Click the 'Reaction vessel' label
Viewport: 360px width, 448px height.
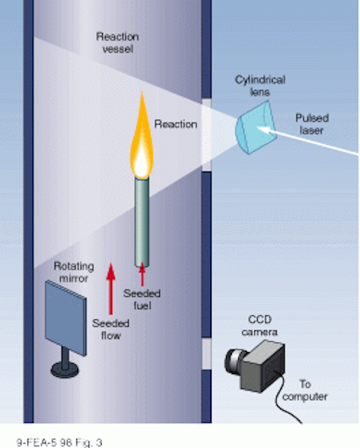118,43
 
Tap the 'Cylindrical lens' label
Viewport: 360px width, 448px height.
261,85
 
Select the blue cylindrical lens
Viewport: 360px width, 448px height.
256,127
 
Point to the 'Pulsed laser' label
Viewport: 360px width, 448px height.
312,125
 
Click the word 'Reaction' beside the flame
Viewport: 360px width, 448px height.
176,125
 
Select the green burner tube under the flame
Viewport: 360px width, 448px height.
142,223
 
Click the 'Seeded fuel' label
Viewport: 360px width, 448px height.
142,300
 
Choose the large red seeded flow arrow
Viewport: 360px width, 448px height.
111,288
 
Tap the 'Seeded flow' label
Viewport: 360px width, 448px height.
111,330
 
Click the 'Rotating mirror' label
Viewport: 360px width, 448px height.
74,272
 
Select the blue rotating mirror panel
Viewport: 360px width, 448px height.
66,318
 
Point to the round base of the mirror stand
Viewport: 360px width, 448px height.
65,370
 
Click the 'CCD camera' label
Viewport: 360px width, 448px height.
260,325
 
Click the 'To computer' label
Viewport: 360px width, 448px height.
305,391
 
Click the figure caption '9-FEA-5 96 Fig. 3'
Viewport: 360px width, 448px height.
60,442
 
